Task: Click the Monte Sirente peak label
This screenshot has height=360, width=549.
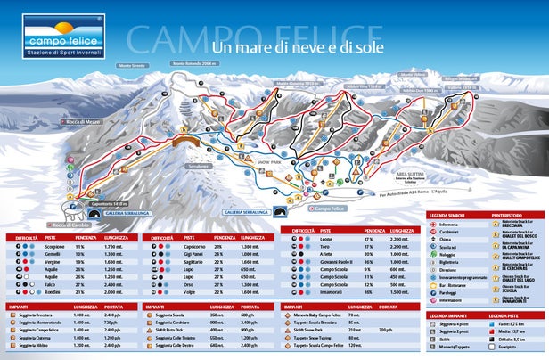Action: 130,67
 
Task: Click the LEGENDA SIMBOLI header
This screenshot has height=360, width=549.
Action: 453,216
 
